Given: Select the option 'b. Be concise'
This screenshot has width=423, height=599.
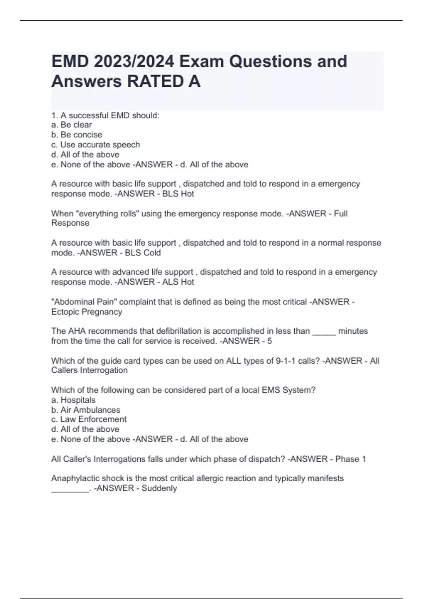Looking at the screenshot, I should point(76,135).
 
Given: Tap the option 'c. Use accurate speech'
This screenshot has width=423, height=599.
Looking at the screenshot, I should point(96,144).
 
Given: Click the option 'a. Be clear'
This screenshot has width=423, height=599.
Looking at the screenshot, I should point(72,125).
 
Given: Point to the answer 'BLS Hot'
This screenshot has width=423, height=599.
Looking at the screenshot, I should point(178,194).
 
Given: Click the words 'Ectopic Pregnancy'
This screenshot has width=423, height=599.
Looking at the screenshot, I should point(87,312).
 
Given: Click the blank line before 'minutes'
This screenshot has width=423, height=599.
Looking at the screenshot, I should point(324,332).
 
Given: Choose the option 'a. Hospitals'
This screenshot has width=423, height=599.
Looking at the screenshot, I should point(73,400).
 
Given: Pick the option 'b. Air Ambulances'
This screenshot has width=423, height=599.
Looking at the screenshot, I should point(86,410).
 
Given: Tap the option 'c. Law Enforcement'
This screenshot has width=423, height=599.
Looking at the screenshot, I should point(89,419).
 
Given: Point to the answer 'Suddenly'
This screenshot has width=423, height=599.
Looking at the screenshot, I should point(159,488).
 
